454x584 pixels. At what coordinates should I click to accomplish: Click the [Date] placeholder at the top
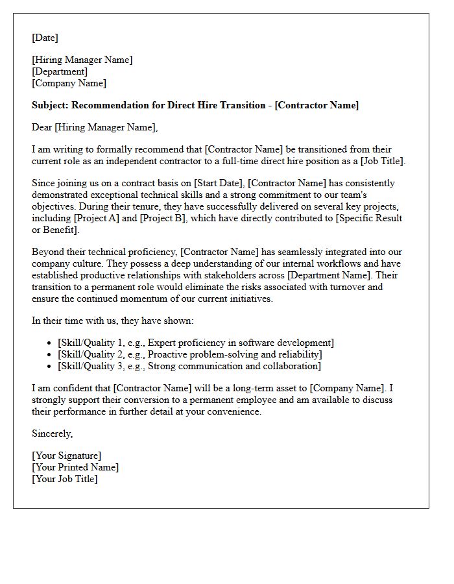pyautogui.click(x=45, y=38)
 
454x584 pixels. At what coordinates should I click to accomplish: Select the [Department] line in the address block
pyautogui.click(x=60, y=71)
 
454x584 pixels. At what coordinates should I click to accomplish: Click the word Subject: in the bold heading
pyautogui.click(x=50, y=105)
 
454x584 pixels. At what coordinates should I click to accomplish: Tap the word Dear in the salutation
pyautogui.click(x=42, y=127)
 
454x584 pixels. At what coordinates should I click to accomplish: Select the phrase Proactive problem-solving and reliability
pyautogui.click(x=234, y=354)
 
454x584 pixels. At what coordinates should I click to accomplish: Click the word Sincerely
pyautogui.click(x=53, y=433)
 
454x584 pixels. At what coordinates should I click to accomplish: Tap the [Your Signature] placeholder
pyautogui.click(x=67, y=456)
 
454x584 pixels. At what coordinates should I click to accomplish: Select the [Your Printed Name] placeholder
pyautogui.click(x=75, y=467)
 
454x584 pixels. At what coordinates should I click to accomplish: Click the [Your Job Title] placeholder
pyautogui.click(x=65, y=479)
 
